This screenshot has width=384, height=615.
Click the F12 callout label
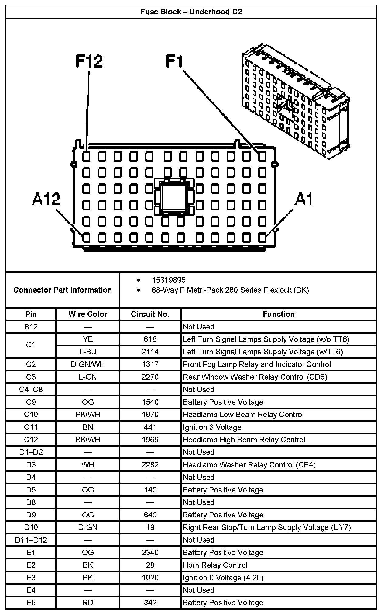click(89, 61)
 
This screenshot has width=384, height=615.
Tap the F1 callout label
click(174, 61)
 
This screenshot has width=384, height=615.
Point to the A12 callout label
click(46, 200)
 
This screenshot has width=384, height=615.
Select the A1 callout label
click(303, 200)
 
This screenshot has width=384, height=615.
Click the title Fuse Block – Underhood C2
click(191, 12)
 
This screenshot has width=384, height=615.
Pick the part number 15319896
click(169, 280)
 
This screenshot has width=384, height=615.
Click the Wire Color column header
click(88, 314)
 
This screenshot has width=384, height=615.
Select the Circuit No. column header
click(150, 314)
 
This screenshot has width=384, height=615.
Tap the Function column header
click(279, 314)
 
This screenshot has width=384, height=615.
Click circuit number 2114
click(150, 352)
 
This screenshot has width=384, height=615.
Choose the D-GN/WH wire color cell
click(88, 364)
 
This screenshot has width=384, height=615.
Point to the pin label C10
click(31, 415)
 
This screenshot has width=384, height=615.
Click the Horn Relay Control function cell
click(215, 565)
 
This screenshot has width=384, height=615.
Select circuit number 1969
click(150, 440)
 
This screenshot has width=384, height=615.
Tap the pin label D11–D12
click(31, 540)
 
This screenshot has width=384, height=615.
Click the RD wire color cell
click(88, 603)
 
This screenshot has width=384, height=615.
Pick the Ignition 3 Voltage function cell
click(212, 427)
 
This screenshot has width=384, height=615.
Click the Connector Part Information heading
click(63, 290)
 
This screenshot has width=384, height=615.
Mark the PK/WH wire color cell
click(88, 415)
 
